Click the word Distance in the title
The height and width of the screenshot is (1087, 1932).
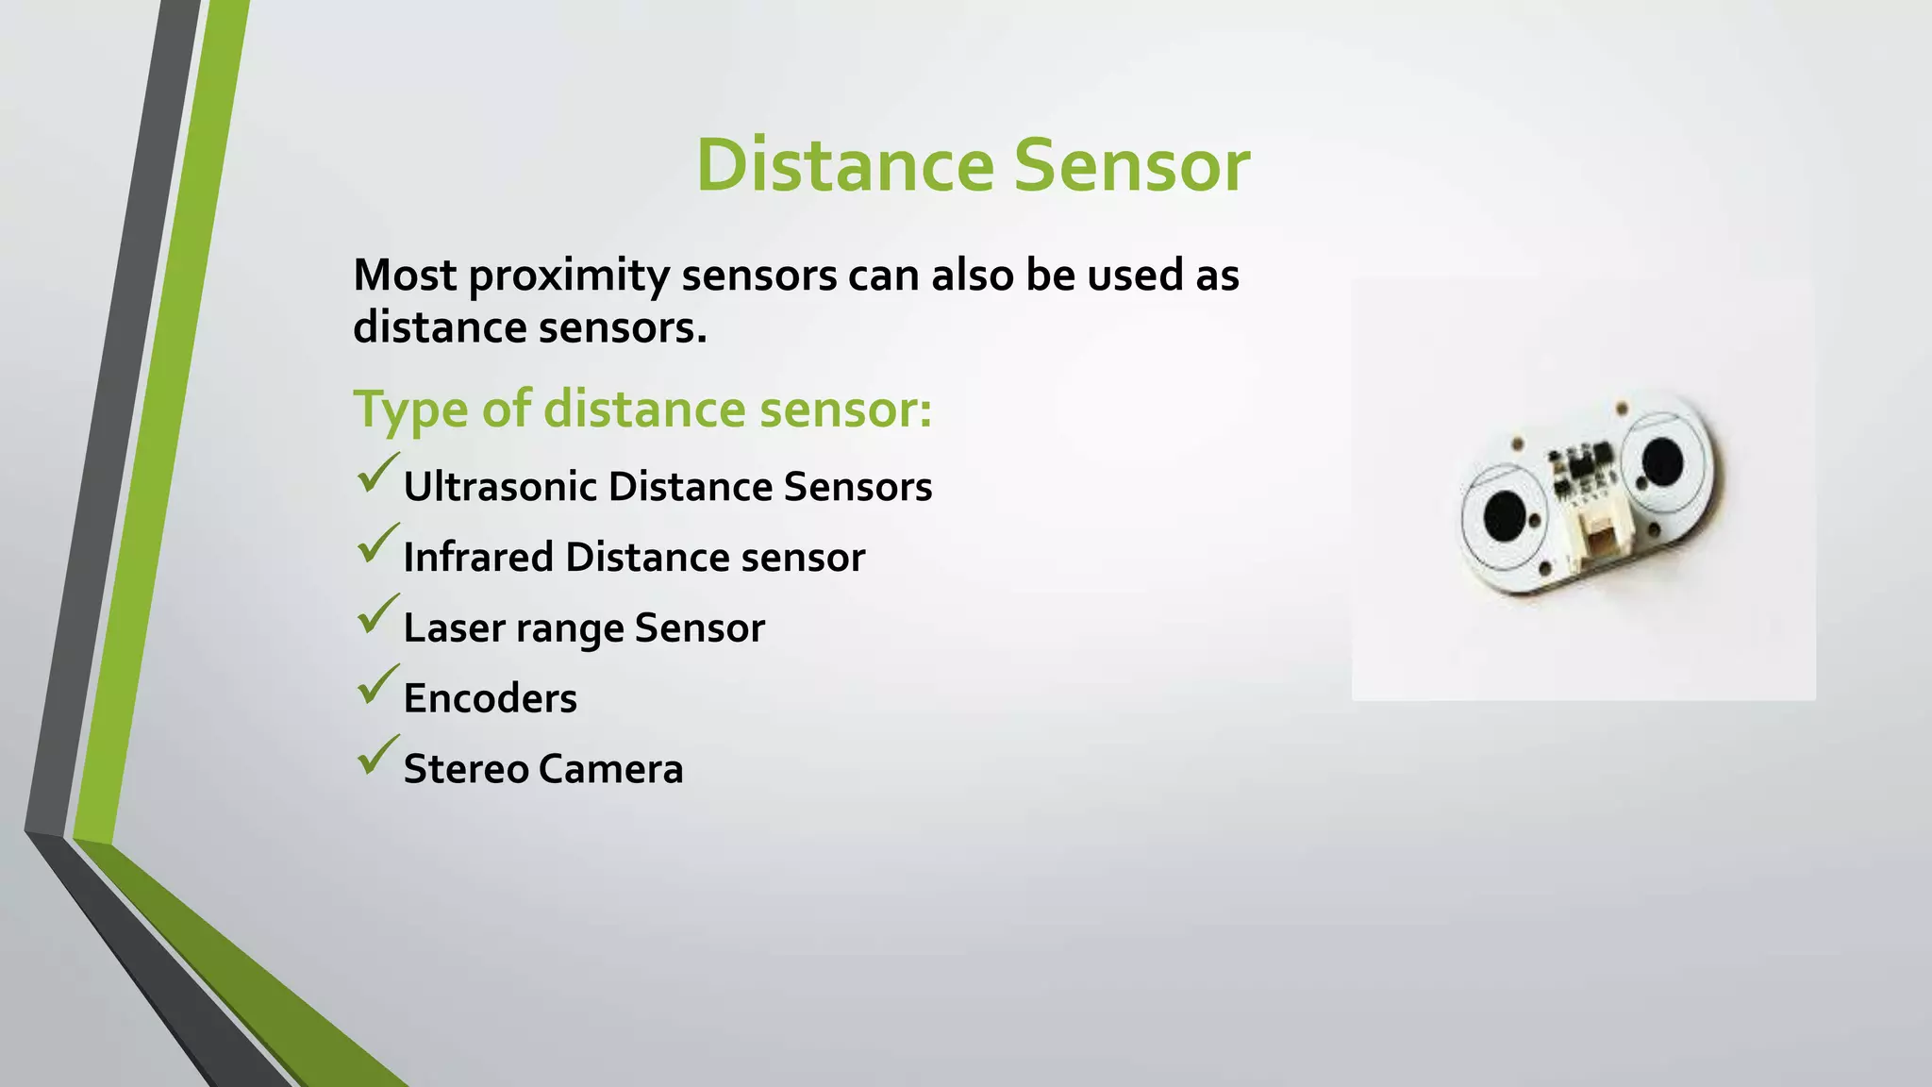(x=844, y=166)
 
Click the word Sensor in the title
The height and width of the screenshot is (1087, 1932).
(x=1131, y=166)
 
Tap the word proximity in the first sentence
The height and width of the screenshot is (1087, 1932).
(x=568, y=276)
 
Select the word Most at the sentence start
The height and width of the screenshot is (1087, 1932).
(x=405, y=275)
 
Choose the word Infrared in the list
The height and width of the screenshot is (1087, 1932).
(x=478, y=557)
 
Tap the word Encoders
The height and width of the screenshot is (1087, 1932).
(x=490, y=699)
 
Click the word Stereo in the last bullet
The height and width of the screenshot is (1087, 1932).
(x=463, y=769)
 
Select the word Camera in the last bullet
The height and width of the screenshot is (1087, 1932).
(x=610, y=769)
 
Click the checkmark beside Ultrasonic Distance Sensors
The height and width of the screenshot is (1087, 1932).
(x=377, y=474)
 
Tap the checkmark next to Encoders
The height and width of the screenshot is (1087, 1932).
(x=377, y=685)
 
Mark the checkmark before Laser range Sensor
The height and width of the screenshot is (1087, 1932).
(x=377, y=614)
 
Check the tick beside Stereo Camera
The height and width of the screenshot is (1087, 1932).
(x=377, y=756)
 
